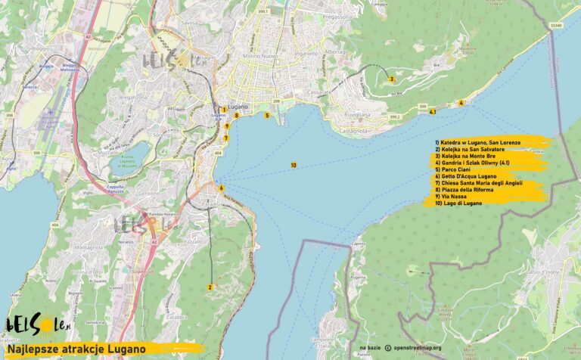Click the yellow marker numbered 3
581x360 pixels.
point(391,79)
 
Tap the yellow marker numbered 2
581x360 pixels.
point(210,287)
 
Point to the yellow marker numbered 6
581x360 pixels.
point(221,188)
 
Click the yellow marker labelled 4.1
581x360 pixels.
point(432,113)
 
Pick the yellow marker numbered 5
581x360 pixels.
point(267,116)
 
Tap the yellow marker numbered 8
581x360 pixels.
point(236,116)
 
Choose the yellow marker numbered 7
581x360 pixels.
point(226,138)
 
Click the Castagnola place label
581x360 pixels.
point(353,131)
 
